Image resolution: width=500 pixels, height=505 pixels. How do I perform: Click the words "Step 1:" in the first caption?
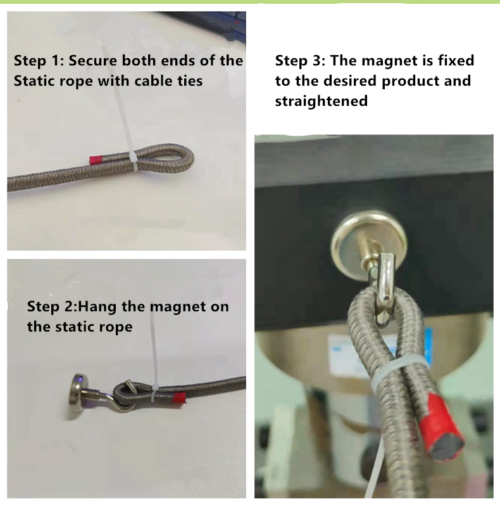39,61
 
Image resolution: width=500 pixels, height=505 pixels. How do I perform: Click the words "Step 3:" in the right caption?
300,61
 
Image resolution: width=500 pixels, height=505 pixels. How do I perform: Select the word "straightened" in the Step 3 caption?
321,101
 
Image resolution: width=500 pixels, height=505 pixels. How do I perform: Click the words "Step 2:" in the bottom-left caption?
54,307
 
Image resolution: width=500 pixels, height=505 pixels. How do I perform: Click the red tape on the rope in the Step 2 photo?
179,399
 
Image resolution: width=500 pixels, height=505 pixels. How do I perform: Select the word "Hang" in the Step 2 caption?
102,307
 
